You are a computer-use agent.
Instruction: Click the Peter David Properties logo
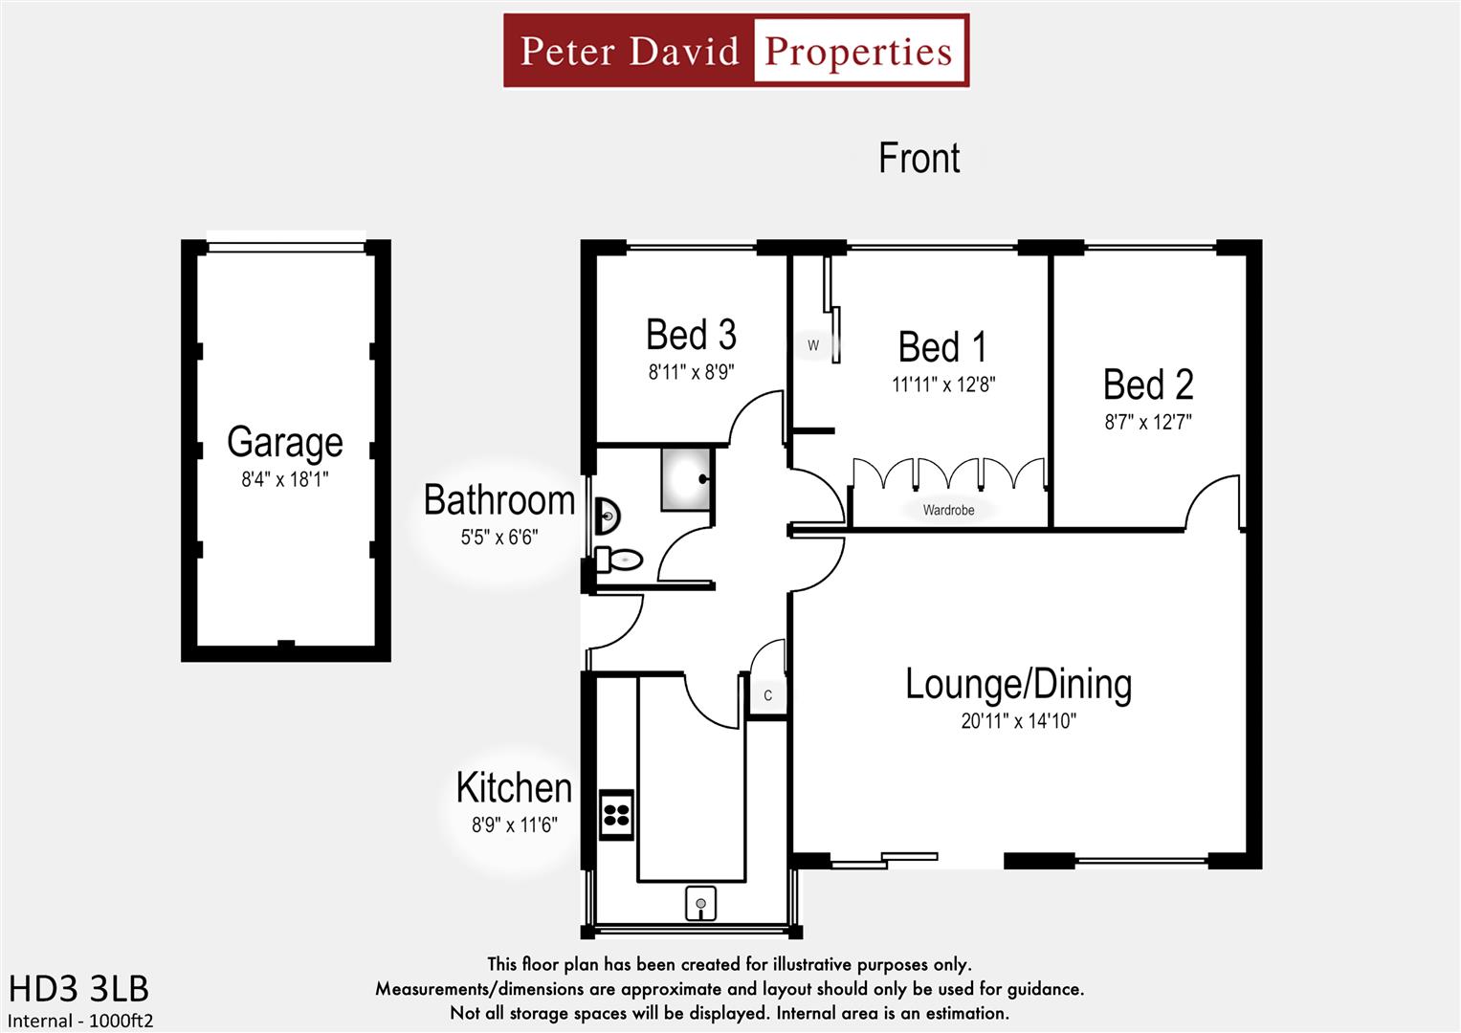tap(736, 51)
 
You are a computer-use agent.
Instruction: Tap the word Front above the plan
tap(919, 159)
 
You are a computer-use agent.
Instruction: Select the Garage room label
tap(285, 442)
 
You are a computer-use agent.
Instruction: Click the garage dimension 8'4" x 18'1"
tap(285, 479)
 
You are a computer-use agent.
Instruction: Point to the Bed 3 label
tap(691, 335)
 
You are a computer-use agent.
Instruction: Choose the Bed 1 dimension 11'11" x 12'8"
tap(943, 385)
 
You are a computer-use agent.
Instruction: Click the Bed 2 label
tap(1148, 385)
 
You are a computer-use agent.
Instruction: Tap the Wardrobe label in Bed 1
tap(948, 510)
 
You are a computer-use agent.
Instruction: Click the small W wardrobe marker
tap(813, 345)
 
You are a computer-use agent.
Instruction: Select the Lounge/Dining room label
tap(1018, 684)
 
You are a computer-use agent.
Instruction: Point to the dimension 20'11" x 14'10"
tap(1018, 721)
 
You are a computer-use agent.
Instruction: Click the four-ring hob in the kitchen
tap(616, 815)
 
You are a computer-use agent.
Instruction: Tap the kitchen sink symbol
tap(700, 903)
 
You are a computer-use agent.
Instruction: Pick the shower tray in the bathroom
tap(685, 478)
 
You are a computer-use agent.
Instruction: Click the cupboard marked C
tap(767, 695)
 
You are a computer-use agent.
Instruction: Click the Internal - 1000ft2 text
tap(80, 1021)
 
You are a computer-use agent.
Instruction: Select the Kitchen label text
tap(514, 788)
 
